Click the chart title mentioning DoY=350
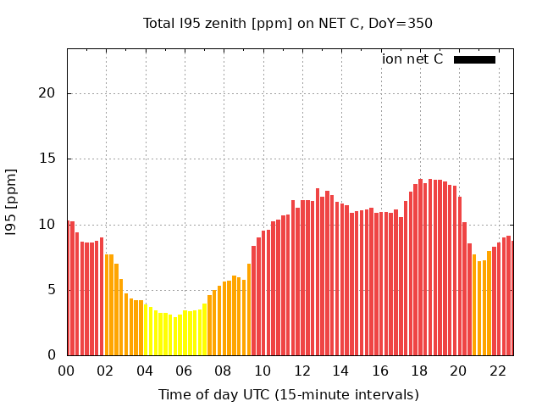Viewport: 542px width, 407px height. click(288, 23)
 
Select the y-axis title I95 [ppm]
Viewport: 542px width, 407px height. click(12, 202)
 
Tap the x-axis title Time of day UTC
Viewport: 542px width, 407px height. click(288, 394)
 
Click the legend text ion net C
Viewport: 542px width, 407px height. click(412, 59)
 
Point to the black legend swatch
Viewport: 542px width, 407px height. click(474, 59)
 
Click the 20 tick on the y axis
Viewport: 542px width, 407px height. click(52, 93)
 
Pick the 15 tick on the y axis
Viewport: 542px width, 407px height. click(52, 159)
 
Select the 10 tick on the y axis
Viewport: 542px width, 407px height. click(52, 225)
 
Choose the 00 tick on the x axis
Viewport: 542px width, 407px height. click(67, 371)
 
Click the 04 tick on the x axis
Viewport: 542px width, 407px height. click(145, 371)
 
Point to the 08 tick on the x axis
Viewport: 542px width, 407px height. click(224, 371)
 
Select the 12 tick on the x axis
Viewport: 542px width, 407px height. click(301, 371)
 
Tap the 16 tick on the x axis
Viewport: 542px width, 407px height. click(380, 371)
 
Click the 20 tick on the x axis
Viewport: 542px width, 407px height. click(458, 371)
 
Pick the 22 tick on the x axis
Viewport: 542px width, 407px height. click(497, 371)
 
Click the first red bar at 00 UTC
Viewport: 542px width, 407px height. click(69, 288)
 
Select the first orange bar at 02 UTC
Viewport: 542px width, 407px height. click(107, 305)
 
